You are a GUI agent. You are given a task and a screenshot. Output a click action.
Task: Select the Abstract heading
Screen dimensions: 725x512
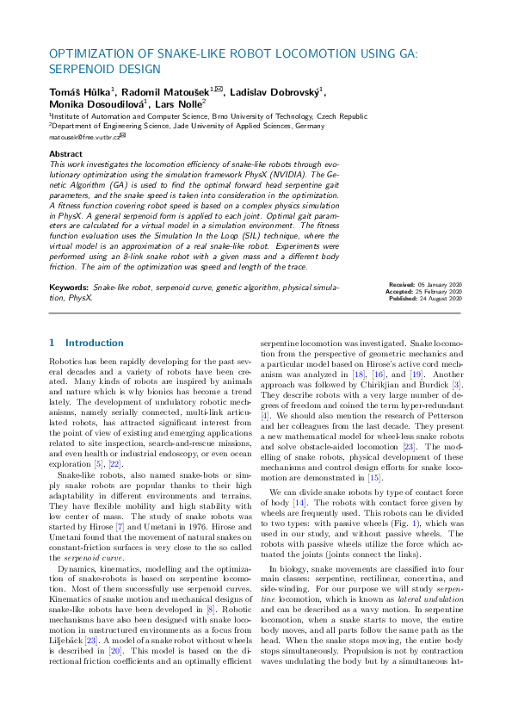pyautogui.click(x=66, y=153)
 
